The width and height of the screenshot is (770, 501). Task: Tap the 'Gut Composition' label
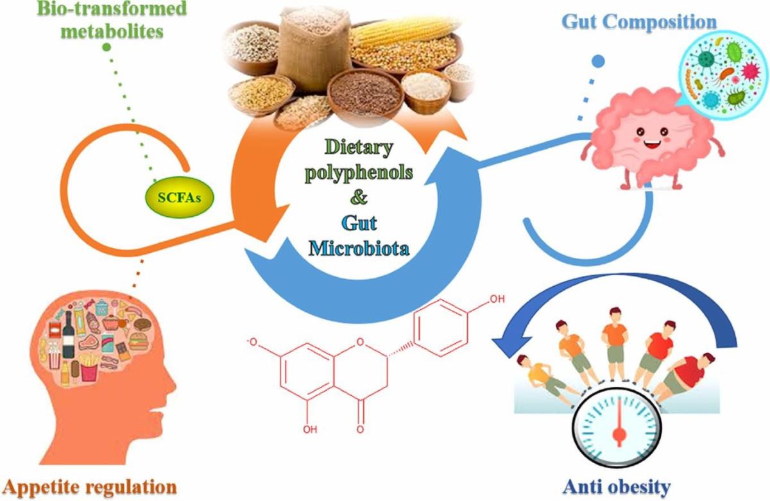(638, 21)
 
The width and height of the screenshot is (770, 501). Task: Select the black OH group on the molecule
(495, 299)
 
